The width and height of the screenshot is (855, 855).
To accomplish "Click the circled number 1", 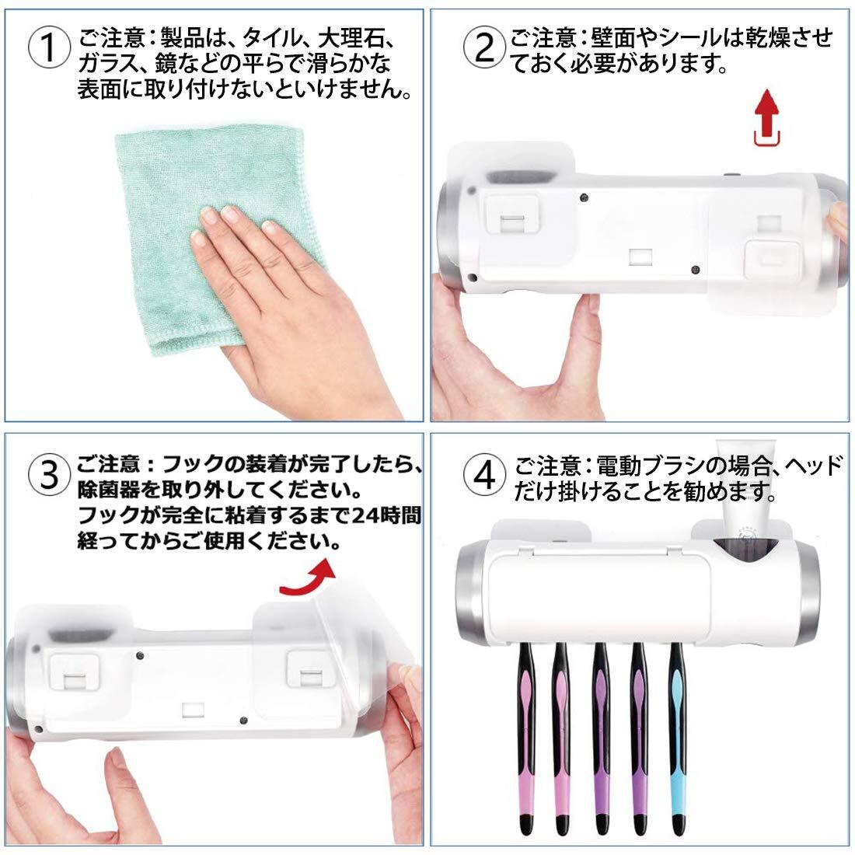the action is (x=49, y=48).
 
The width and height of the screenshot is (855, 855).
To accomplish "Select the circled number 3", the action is (x=49, y=474).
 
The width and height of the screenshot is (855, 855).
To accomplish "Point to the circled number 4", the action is (x=483, y=474).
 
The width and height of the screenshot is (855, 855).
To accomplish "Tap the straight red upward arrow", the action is (x=767, y=117).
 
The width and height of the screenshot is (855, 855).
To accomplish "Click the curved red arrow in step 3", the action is (x=308, y=579).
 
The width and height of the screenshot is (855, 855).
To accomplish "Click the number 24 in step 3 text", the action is (x=366, y=515).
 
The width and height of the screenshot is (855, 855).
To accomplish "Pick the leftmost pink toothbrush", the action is (x=525, y=739).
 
